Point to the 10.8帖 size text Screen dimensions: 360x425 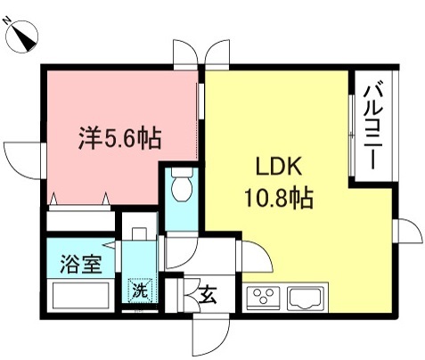(280, 196)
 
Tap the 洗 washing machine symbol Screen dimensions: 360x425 (140, 290)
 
